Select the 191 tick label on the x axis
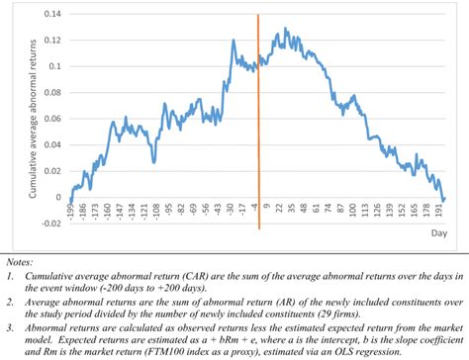(437, 214)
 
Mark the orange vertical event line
(258, 119)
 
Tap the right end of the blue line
(444, 198)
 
